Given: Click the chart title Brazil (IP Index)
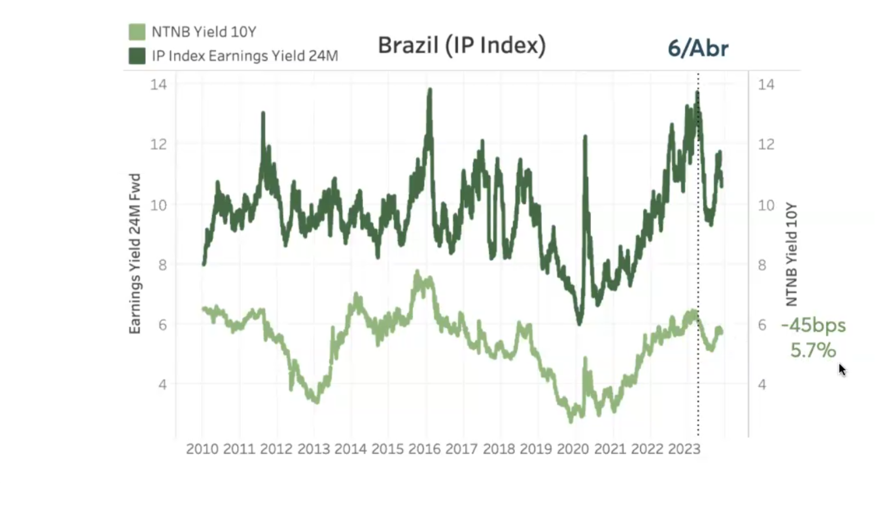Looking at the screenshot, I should tap(461, 45).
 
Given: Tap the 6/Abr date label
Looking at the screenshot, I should tap(698, 49).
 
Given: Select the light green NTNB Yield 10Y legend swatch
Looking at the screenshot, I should tap(137, 32).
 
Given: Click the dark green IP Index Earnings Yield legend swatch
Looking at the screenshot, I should tap(137, 56).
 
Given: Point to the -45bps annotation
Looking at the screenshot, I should tap(813, 325).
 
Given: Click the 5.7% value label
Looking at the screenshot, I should tap(813, 350).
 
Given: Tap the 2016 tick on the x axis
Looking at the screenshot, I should tap(424, 449).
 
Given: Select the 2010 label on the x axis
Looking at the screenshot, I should tap(202, 449).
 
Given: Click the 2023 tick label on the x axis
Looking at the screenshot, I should tap(684, 449).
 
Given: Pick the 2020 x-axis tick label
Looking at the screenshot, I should tap(573, 449).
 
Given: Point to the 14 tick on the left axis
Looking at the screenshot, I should tap(158, 85).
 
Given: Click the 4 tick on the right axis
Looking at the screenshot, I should tap(762, 384).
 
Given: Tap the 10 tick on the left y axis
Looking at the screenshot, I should tap(158, 205).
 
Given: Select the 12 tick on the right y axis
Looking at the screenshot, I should tap(766, 144).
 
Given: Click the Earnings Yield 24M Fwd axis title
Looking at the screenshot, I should tap(135, 254).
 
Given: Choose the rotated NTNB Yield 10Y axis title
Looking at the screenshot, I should tap(791, 254).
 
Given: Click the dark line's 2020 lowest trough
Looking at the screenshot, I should tap(579, 323).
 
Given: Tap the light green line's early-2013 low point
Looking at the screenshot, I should tap(317, 401).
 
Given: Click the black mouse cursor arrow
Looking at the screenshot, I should tap(842, 369).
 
